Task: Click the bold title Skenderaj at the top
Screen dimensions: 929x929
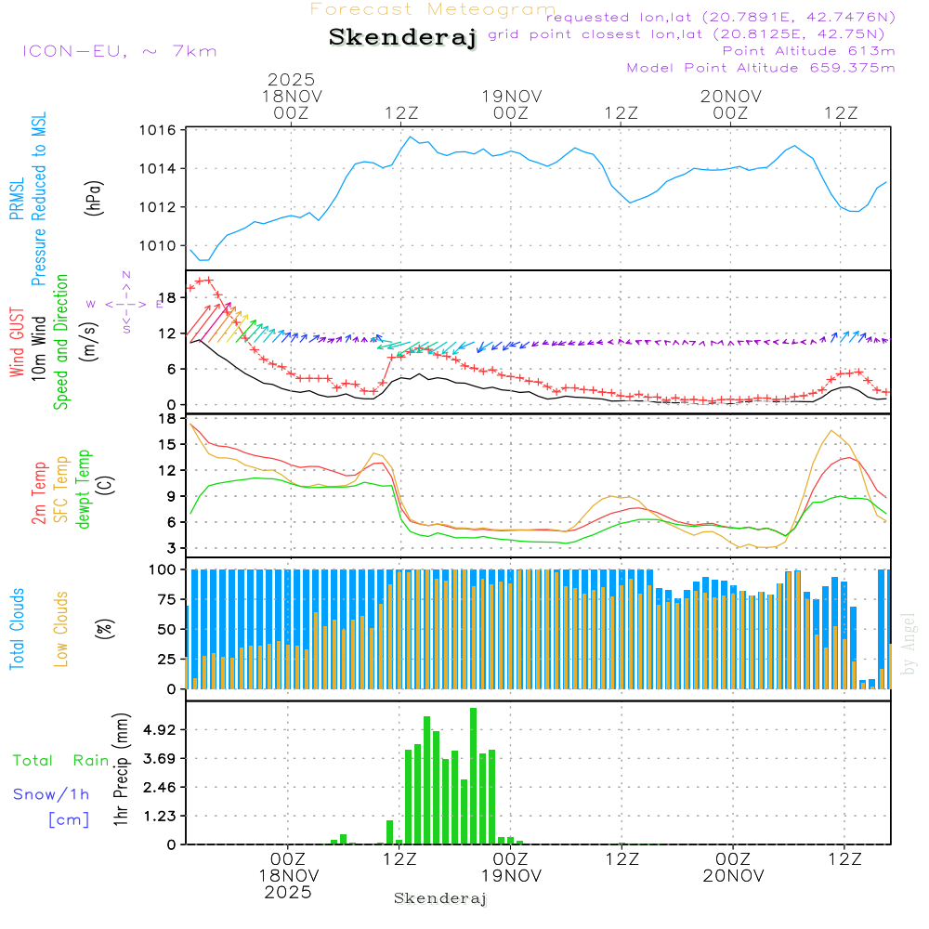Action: coord(402,37)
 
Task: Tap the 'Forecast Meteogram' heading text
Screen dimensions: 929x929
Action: coord(433,9)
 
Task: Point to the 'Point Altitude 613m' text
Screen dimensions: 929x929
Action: coord(808,50)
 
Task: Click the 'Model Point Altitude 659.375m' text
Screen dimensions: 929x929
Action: coord(761,68)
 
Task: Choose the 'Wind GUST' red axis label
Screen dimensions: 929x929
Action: coord(17,344)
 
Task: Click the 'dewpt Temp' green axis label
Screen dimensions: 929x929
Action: coord(84,490)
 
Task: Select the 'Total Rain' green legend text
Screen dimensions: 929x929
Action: coord(60,760)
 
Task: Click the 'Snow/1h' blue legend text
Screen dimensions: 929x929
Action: coord(51,794)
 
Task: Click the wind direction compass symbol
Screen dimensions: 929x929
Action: coord(126,303)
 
